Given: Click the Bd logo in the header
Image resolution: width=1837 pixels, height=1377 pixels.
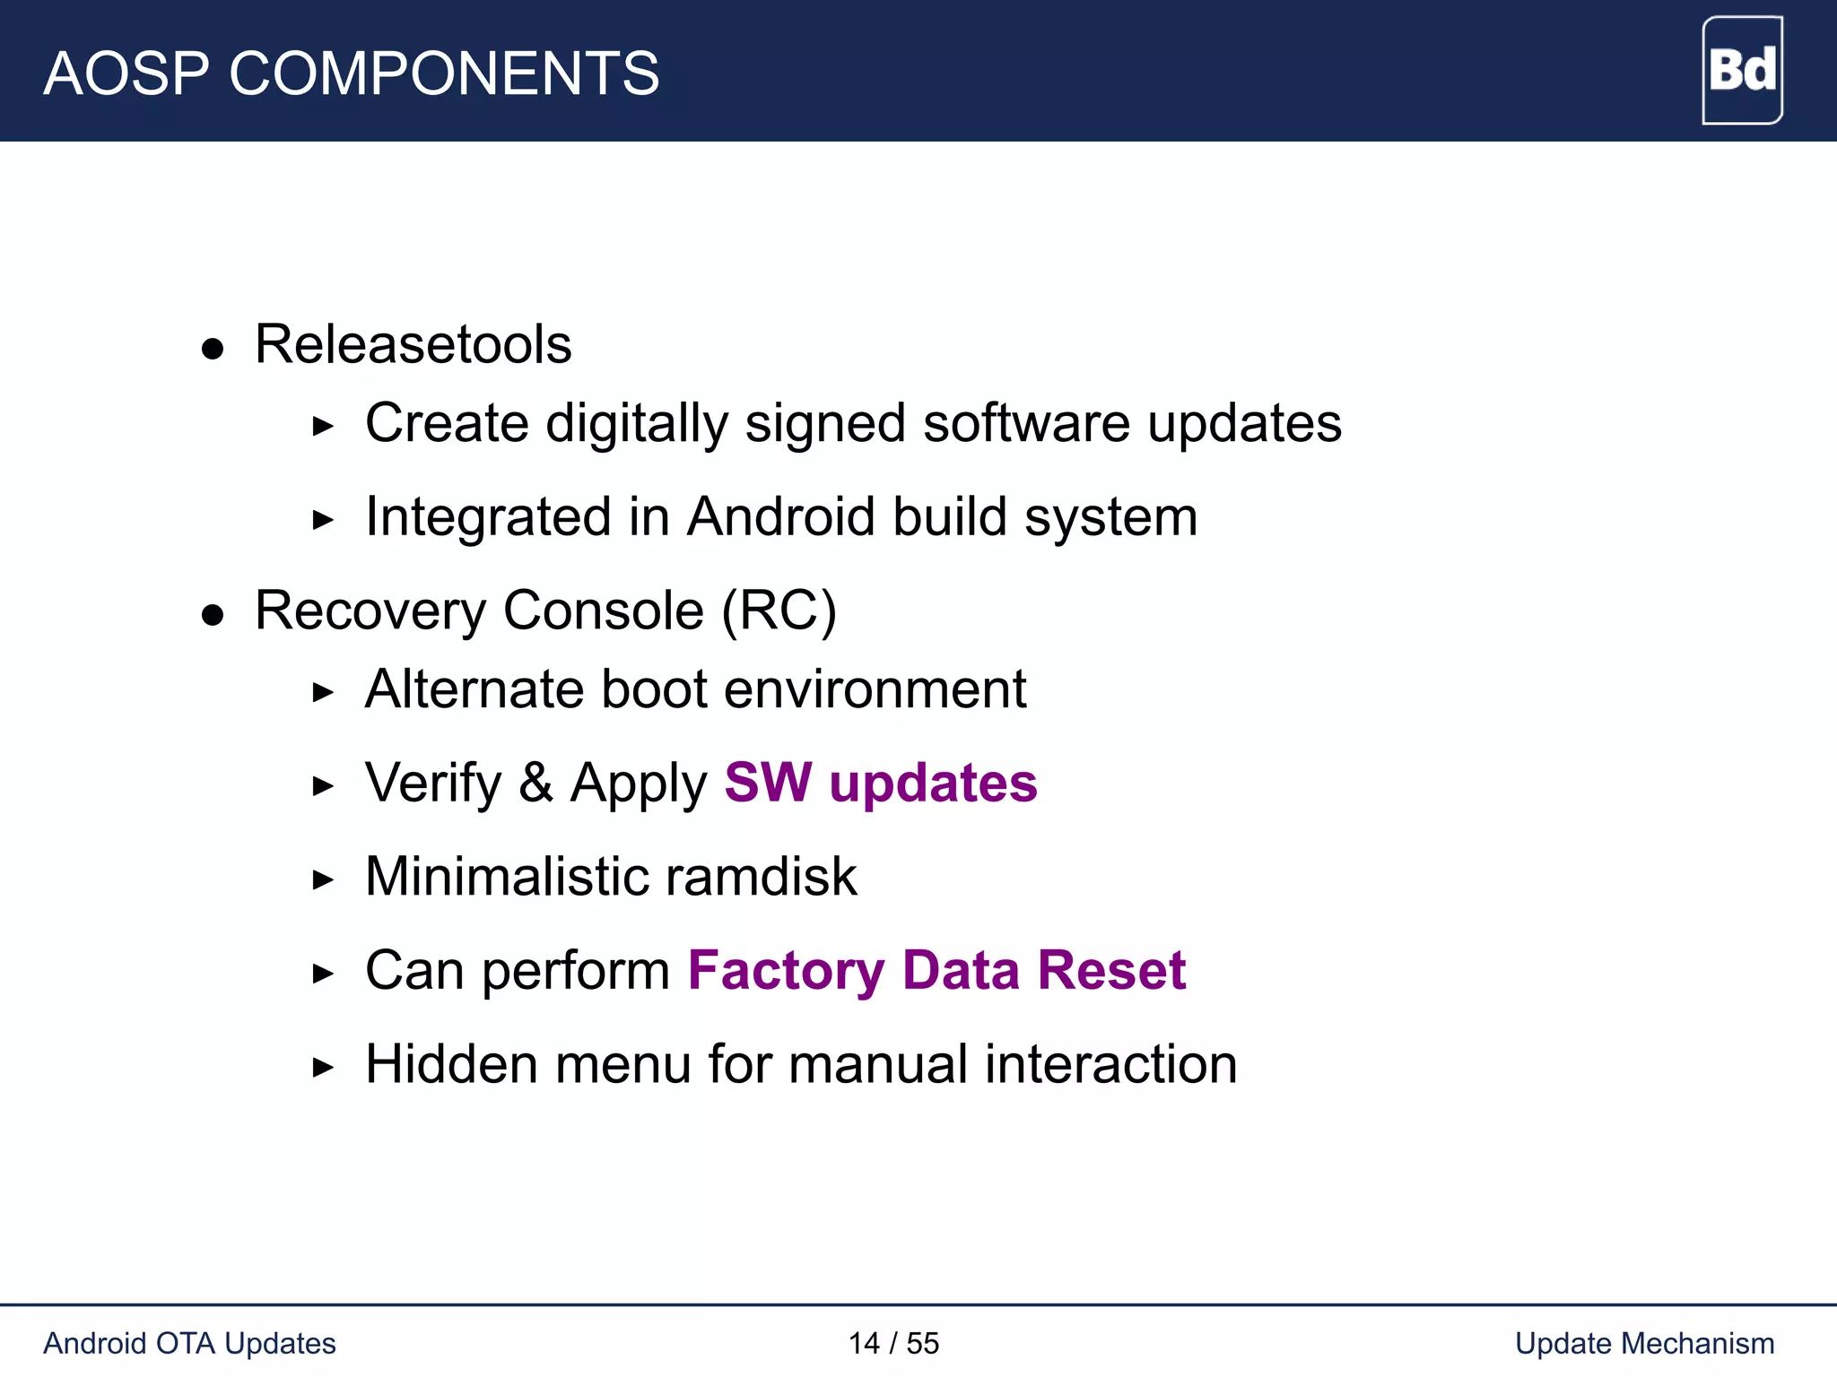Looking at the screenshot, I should (1742, 70).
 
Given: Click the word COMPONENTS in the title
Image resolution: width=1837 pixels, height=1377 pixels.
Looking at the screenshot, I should (444, 74).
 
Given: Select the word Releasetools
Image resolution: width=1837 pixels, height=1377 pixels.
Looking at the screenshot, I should (413, 344).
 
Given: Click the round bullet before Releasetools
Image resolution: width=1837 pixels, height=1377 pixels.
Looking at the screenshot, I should (213, 349).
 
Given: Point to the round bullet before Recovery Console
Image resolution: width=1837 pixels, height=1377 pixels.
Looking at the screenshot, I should (213, 615).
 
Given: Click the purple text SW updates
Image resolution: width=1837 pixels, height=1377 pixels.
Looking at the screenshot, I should (880, 783).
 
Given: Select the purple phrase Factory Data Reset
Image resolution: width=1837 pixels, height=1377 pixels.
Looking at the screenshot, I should (936, 970).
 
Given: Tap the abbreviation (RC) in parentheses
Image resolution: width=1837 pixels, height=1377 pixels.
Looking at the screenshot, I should (779, 611).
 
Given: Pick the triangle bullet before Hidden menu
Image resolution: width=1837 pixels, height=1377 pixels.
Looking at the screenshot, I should (323, 1067).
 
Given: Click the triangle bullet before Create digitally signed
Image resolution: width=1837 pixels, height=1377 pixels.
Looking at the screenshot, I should (323, 426).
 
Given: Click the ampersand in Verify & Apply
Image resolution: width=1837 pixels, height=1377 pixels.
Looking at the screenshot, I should (535, 783).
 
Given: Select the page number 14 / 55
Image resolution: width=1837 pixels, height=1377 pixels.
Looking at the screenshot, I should (893, 1343).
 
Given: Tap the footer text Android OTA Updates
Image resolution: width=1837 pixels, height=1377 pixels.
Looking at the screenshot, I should (189, 1343).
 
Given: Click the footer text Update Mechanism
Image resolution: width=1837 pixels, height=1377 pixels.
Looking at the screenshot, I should (1644, 1343).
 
